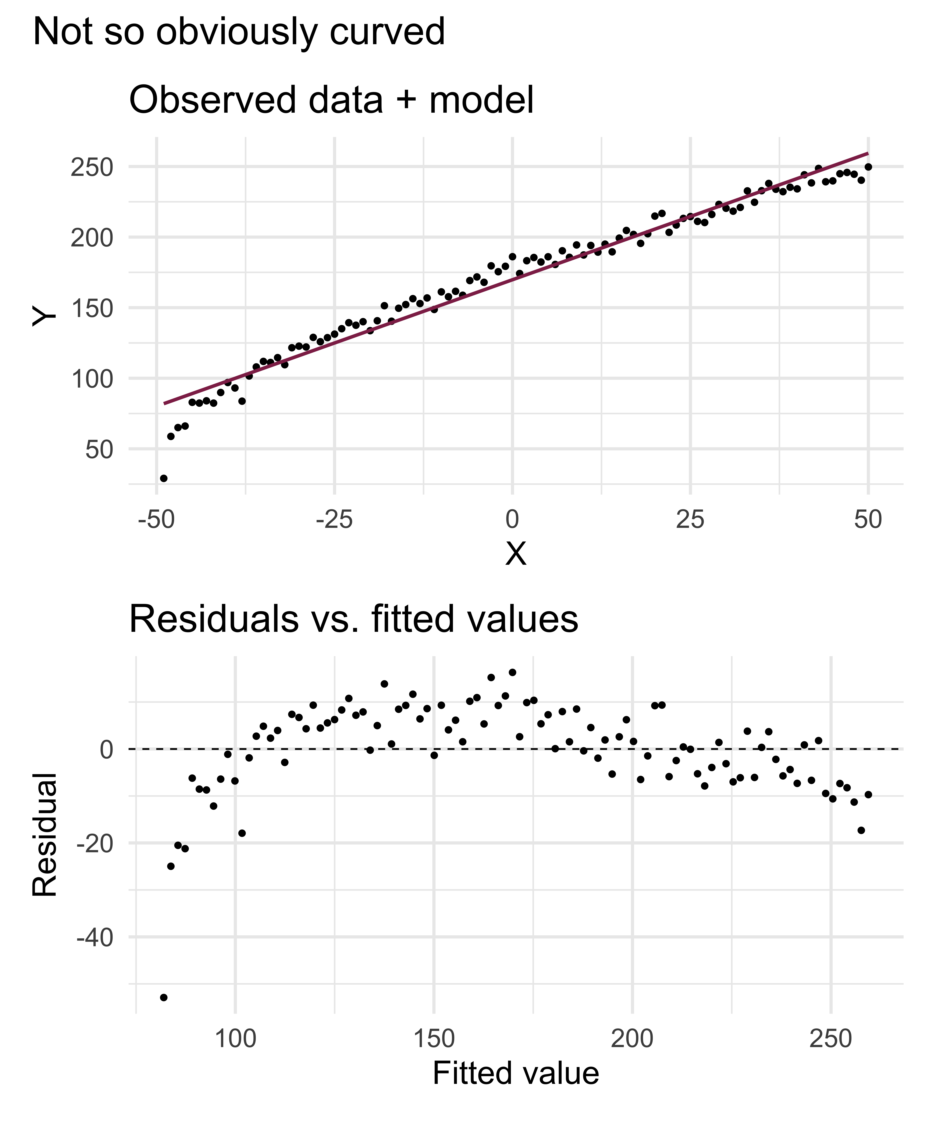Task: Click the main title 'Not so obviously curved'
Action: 239,32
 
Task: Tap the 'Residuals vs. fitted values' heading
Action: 354,619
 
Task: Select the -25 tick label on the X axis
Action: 334,519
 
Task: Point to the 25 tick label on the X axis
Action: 690,519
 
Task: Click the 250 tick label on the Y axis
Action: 92,167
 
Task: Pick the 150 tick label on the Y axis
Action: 92,309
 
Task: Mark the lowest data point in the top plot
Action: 164,478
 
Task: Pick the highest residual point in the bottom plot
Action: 512,672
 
